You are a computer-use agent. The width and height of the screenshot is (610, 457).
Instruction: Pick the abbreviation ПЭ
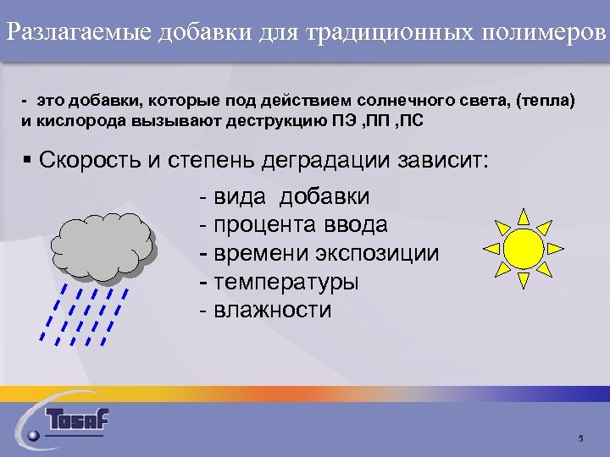[x=346, y=119]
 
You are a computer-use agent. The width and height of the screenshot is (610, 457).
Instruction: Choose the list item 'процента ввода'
[x=292, y=225]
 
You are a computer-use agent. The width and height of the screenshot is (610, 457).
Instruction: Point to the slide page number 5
[x=580, y=438]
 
